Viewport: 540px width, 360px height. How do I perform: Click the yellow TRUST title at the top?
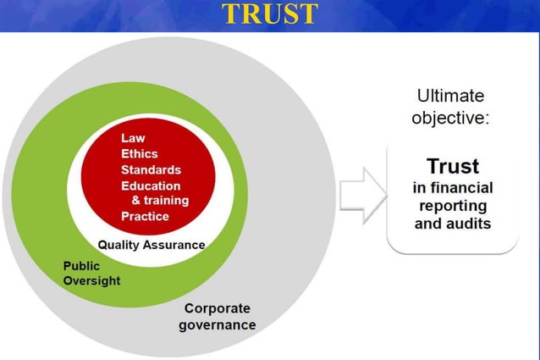[270, 14]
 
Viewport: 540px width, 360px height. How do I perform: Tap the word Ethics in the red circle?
[140, 154]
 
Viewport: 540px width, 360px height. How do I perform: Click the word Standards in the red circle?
[151, 170]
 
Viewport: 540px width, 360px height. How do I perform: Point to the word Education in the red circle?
[151, 186]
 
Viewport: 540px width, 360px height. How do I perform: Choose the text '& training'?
[160, 201]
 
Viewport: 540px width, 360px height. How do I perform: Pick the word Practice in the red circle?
[145, 216]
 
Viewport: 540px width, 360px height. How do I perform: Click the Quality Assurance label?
[152, 245]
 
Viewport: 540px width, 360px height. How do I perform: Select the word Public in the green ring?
[81, 265]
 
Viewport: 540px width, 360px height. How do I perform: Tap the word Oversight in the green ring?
[91, 280]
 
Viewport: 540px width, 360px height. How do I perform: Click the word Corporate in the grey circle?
[217, 308]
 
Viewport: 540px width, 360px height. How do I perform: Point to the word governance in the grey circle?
[217, 324]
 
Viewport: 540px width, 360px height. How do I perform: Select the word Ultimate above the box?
[450, 97]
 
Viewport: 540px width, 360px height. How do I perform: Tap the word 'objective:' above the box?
[450, 118]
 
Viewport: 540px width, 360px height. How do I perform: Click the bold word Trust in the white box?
[453, 165]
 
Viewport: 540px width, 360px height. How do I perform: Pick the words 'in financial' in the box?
[453, 187]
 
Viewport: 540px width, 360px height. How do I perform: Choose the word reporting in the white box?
[453, 206]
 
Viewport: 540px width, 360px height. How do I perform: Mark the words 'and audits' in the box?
[453, 224]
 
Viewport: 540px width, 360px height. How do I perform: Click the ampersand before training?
[136, 201]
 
